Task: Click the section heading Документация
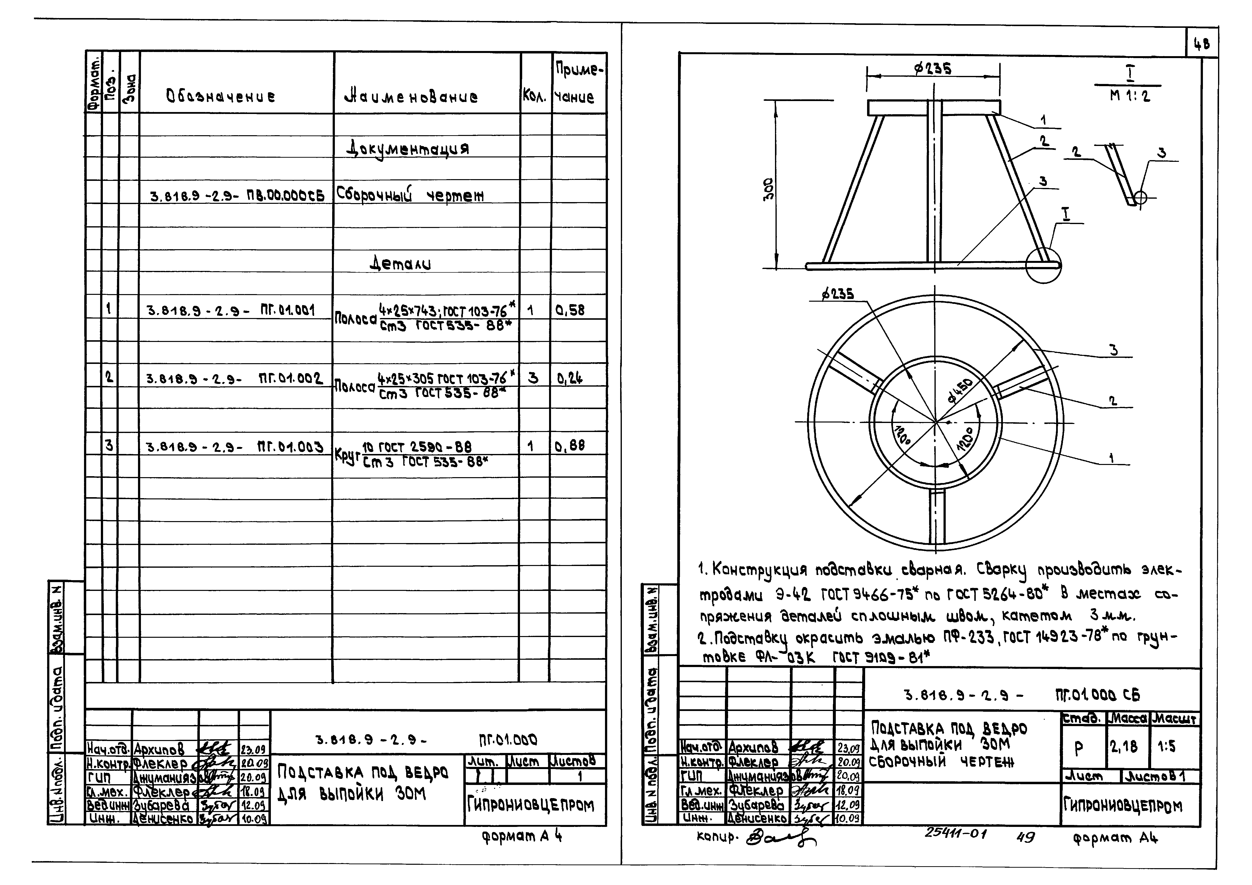point(408,148)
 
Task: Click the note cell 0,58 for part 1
point(570,310)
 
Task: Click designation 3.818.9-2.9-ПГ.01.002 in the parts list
point(234,378)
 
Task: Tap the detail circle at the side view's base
point(1043,265)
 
